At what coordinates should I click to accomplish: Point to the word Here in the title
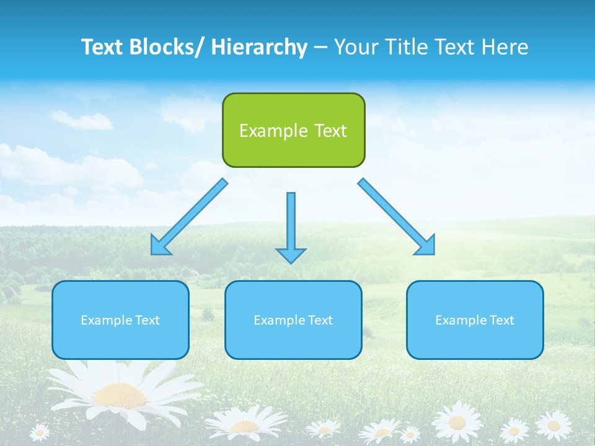506,47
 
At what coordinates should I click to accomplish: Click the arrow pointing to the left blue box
188,217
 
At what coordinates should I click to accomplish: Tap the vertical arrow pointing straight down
291,223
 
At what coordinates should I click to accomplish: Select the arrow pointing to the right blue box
397,217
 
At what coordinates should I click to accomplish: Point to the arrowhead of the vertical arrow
291,255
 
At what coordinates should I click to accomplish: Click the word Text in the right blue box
501,320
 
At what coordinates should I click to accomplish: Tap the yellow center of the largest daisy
120,394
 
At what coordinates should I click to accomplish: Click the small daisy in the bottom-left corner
40,432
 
